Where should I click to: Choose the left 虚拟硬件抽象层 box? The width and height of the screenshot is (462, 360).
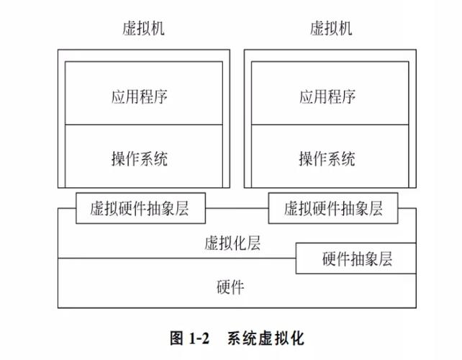tap(140, 209)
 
